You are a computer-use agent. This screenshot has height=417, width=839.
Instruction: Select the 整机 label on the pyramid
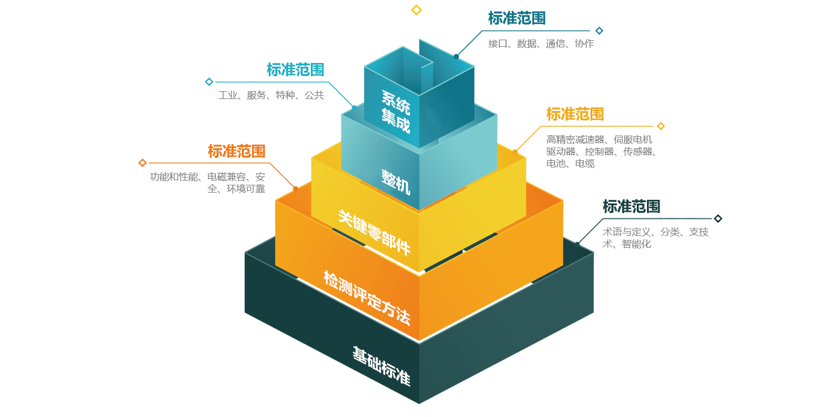395,182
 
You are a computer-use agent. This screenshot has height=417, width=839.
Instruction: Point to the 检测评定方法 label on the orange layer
367,298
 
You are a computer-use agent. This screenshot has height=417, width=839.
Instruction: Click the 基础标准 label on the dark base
381,365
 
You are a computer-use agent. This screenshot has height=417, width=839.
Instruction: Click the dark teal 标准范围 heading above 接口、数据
517,19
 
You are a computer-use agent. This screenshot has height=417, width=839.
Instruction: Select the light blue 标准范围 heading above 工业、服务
295,70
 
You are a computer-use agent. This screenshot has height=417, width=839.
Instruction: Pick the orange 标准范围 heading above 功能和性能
236,151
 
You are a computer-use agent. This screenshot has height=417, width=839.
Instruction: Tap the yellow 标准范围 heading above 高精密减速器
575,113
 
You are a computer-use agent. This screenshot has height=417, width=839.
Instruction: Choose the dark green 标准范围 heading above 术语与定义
631,206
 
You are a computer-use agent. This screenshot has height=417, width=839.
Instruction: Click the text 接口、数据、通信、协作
541,43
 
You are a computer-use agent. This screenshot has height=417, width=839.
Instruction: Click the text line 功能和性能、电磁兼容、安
208,177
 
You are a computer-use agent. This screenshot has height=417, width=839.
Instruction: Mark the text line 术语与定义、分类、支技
655,232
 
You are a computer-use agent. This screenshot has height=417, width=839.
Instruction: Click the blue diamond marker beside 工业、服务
209,82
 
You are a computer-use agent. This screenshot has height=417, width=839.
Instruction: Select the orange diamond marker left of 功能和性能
142,163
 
